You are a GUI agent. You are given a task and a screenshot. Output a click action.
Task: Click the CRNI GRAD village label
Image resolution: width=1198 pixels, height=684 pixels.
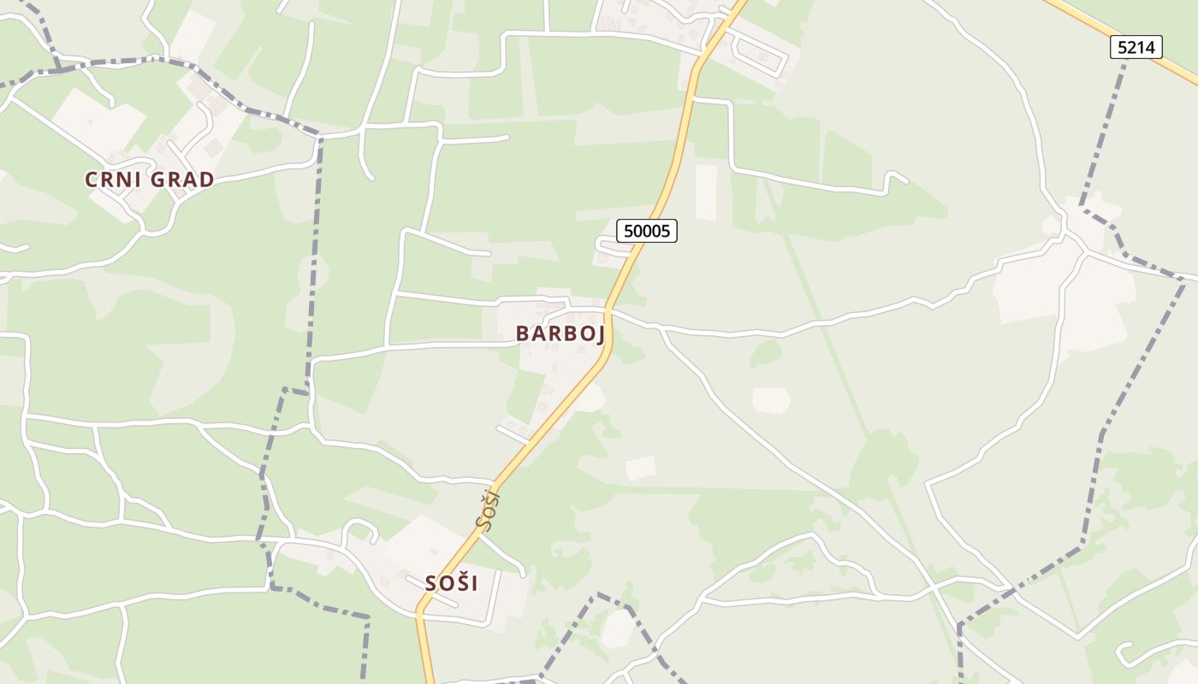[x=149, y=180]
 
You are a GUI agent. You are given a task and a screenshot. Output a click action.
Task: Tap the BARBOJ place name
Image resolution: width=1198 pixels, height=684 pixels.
[x=560, y=333]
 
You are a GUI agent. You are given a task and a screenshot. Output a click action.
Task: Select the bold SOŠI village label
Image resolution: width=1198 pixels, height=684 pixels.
[x=452, y=583]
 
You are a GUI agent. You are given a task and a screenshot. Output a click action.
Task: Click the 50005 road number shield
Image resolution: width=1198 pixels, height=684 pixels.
[x=647, y=231]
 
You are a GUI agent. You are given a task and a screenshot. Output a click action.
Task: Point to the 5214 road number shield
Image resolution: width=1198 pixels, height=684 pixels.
[x=1136, y=48]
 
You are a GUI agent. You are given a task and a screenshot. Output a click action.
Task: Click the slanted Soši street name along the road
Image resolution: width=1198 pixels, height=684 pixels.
[x=489, y=510]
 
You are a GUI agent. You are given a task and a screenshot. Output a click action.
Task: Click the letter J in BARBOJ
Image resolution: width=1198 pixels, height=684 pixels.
[x=600, y=334]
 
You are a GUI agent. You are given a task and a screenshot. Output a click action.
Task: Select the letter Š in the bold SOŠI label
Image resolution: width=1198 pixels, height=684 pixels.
[x=460, y=583]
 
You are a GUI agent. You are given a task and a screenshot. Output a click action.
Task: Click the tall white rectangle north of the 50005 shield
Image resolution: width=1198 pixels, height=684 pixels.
[x=706, y=192]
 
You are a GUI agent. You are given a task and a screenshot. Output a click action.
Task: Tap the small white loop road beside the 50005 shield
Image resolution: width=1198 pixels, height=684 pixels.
[x=609, y=248]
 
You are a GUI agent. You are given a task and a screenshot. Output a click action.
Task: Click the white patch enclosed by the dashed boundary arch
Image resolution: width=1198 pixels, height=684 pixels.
[x=616, y=629]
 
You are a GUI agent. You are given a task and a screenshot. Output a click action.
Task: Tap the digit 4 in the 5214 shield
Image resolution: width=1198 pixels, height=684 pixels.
[x=1151, y=48]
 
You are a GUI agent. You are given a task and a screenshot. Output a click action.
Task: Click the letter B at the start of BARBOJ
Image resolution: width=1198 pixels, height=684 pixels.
[x=522, y=333]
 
